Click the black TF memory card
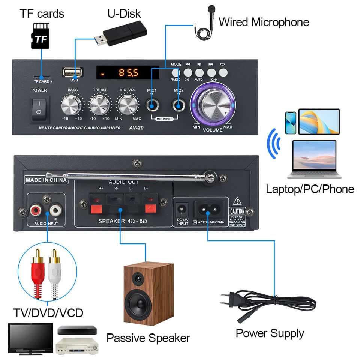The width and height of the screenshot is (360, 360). [40, 36]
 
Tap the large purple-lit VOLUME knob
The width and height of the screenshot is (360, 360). [212, 104]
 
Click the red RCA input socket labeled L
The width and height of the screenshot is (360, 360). [36, 208]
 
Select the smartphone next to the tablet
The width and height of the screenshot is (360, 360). [291, 122]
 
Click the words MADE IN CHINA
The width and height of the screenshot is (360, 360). [46, 180]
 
